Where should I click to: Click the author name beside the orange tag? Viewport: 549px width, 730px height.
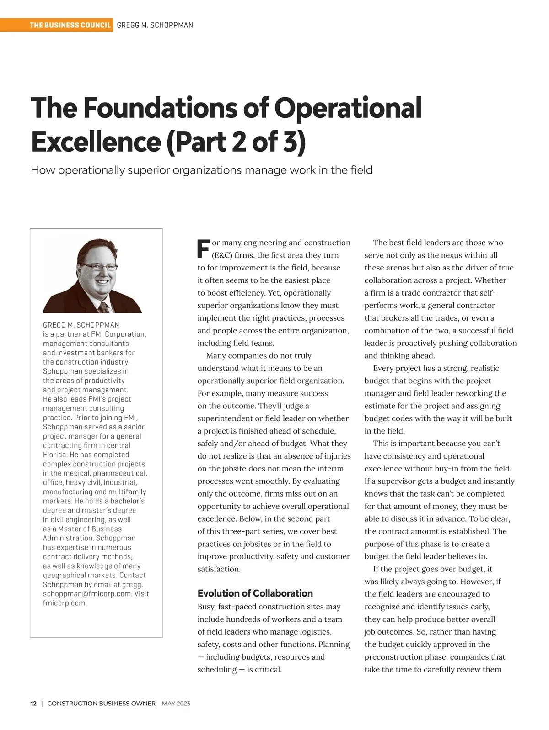155,25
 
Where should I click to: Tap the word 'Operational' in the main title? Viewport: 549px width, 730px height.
348,108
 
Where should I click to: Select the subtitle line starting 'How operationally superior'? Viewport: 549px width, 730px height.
201,170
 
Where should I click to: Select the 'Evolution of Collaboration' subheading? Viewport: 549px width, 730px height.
255,593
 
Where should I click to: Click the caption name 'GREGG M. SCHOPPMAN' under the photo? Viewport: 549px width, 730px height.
81,325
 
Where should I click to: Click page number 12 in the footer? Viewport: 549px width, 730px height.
33,704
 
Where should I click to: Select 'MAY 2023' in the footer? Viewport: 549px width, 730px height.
176,704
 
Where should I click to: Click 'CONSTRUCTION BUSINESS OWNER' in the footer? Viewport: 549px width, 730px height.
101,704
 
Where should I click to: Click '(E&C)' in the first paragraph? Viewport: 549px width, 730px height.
221,255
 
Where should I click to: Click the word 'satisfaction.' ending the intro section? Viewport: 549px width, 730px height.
219,569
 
